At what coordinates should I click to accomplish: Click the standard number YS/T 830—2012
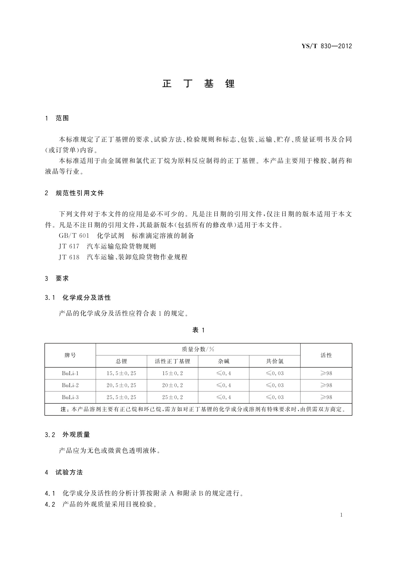[327, 46]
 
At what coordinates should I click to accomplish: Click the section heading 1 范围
[57, 118]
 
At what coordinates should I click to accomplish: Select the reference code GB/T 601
[74, 236]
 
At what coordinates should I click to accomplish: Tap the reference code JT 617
[69, 246]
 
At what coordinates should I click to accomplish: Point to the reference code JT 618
[69, 257]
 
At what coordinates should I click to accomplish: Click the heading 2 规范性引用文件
[74, 193]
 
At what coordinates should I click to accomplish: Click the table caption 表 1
[198, 330]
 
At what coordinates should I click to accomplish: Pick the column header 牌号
[70, 355]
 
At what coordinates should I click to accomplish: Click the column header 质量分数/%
[198, 349]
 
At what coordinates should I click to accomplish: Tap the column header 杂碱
[224, 361]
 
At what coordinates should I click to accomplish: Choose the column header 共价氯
[275, 361]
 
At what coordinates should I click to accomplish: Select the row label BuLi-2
[70, 385]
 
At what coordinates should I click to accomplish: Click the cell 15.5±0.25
[121, 373]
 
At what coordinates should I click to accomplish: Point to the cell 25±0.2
[172, 397]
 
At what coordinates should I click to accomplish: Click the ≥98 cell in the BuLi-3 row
[326, 397]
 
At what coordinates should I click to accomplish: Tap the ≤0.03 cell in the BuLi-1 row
[275, 373]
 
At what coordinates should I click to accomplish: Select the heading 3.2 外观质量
[67, 434]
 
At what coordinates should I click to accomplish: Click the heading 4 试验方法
[64, 472]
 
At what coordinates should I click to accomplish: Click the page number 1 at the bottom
[341, 515]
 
